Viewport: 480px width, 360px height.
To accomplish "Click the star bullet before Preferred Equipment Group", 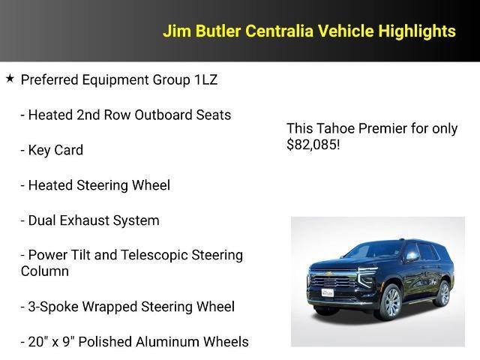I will [x=10, y=78].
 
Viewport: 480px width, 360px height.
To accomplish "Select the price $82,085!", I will [x=313, y=145].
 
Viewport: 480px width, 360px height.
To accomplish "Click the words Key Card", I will [x=55, y=150].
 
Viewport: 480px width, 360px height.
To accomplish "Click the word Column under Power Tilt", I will [x=45, y=271].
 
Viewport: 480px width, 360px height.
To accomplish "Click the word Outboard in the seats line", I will [x=166, y=115].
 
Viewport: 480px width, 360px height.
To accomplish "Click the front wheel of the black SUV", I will [x=389, y=301].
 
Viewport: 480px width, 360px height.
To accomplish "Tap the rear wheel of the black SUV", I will [x=443, y=292].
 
